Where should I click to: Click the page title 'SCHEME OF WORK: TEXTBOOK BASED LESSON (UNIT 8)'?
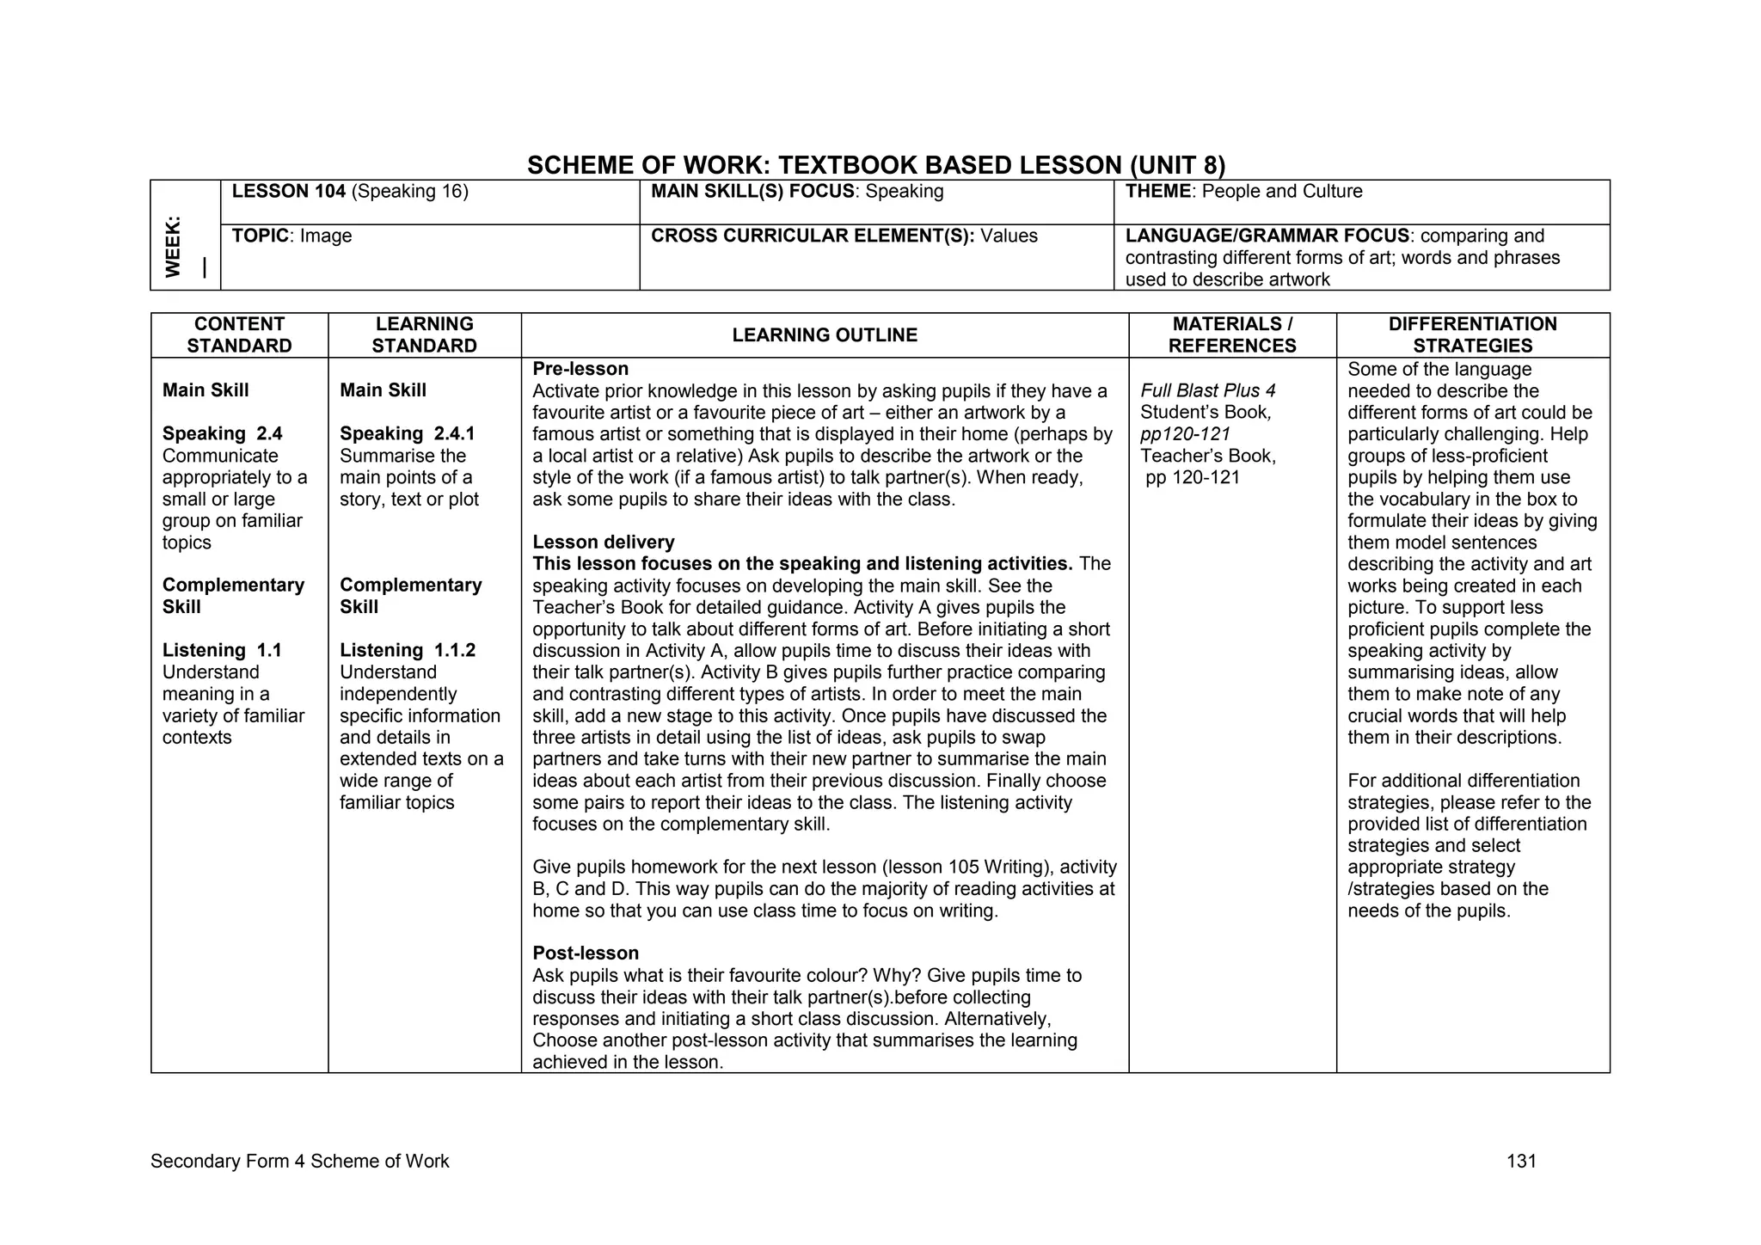tap(875, 164)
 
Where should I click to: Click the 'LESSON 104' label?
tap(288, 191)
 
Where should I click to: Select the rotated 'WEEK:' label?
tap(174, 247)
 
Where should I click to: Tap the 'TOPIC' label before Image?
tap(260, 236)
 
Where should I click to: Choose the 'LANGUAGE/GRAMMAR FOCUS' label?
tap(1267, 236)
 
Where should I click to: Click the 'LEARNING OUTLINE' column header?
tap(824, 335)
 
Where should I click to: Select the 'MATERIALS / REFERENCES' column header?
tap(1231, 335)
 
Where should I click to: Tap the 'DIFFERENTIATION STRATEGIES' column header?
tap(1472, 335)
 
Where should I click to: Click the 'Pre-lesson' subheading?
tap(580, 369)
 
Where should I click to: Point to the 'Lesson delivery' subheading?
tap(603, 542)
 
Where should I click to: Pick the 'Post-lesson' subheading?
tap(585, 953)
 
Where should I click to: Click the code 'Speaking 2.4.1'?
tap(407, 433)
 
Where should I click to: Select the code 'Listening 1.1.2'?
tap(407, 650)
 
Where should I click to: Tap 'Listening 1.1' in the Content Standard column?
tap(222, 650)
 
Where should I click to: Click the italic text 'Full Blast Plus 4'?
tap(1207, 390)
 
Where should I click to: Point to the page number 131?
tap(1520, 1162)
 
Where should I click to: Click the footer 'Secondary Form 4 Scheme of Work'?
tap(299, 1162)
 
